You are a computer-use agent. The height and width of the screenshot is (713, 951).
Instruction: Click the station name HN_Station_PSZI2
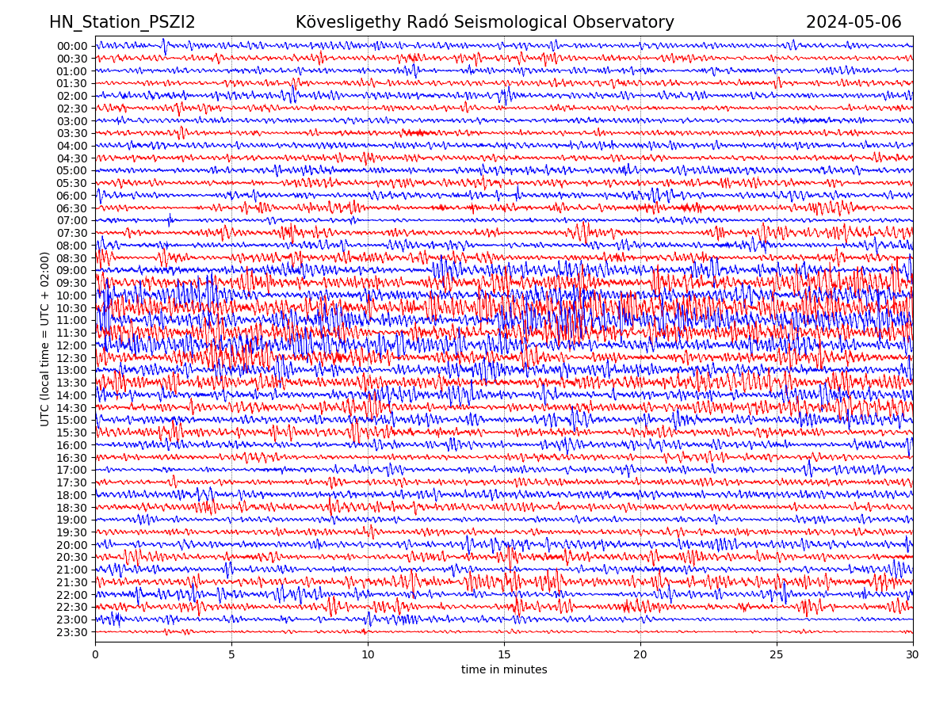[122, 22]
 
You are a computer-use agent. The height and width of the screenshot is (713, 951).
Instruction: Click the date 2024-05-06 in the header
[854, 22]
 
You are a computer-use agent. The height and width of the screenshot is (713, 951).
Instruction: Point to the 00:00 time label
[71, 46]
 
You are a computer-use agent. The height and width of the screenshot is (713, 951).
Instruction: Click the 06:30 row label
[71, 208]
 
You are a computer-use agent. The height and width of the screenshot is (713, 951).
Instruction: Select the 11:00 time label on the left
[71, 321]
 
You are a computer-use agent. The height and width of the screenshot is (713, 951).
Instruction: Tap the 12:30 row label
[71, 358]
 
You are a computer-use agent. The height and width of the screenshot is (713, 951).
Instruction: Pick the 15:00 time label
[71, 421]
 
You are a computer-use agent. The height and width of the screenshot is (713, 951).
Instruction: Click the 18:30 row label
[71, 508]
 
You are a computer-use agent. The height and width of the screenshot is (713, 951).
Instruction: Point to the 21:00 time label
[71, 570]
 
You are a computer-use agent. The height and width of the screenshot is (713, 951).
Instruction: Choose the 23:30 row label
[71, 632]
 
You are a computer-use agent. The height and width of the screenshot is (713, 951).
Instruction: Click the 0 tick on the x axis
[95, 655]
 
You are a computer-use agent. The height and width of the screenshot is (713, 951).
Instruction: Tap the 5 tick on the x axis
[231, 655]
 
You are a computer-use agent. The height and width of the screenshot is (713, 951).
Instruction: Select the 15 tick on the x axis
[504, 655]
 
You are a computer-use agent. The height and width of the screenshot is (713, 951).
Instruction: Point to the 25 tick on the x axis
[777, 655]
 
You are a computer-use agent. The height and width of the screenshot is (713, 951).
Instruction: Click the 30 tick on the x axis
[913, 655]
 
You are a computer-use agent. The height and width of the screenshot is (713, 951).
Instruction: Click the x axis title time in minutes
[504, 670]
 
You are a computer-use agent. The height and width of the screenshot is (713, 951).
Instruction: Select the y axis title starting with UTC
[45, 339]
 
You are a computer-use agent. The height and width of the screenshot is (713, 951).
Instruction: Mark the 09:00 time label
[71, 271]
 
